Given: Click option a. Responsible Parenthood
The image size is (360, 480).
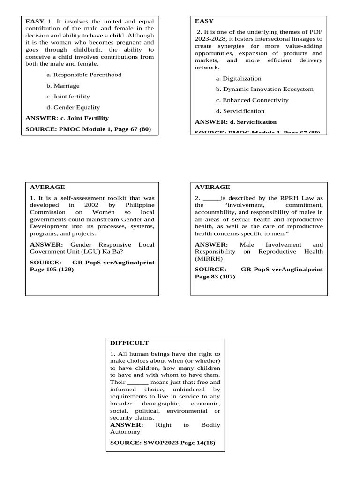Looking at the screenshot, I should pyautogui.click(x=84, y=75).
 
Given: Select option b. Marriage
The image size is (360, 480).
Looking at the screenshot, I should pyautogui.click(x=63, y=86).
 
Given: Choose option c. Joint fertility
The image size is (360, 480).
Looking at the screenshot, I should pyautogui.click(x=68, y=97).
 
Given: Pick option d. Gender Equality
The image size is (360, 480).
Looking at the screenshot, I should pyautogui.click(x=73, y=107).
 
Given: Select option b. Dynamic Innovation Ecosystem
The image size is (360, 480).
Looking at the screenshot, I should pyautogui.click(x=264, y=89).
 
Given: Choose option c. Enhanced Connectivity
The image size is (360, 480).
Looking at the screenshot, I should pyautogui.click(x=252, y=100).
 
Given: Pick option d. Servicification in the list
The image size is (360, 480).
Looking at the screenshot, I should pyautogui.click(x=240, y=111).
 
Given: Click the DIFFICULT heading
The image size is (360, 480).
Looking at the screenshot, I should pyautogui.click(x=129, y=343).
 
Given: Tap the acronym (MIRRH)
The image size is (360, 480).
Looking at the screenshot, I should pyautogui.click(x=209, y=258).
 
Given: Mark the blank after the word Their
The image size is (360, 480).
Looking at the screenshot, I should pyautogui.click(x=138, y=382).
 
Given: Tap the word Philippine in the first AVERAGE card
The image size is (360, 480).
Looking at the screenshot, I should pyautogui.click(x=140, y=205).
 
